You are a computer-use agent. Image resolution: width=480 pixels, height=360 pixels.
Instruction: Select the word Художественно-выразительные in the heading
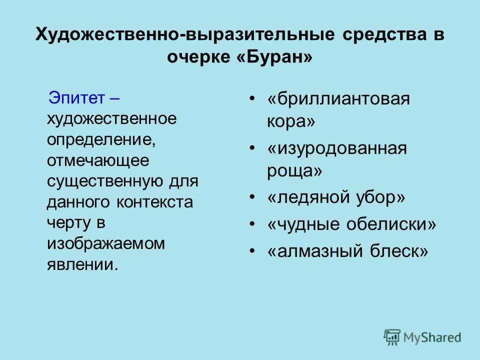click(x=185, y=35)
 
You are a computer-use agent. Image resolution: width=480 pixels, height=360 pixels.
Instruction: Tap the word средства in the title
click(x=384, y=34)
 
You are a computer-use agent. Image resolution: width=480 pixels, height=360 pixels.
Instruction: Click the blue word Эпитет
click(x=76, y=98)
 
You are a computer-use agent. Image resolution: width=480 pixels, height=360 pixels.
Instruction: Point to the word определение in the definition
click(x=101, y=140)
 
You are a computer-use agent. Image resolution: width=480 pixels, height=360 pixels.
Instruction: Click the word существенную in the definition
click(x=105, y=181)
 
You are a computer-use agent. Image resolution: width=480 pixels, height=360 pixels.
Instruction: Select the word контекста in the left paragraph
click(x=155, y=202)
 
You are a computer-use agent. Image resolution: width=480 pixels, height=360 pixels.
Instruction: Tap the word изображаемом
click(x=106, y=244)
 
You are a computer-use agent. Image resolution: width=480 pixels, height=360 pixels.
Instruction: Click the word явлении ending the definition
click(x=82, y=264)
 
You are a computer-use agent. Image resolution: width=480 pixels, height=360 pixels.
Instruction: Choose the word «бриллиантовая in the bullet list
click(x=338, y=99)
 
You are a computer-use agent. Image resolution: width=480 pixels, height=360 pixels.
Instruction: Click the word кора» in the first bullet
click(x=291, y=121)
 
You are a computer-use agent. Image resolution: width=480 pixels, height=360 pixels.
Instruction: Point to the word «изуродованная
click(x=337, y=149)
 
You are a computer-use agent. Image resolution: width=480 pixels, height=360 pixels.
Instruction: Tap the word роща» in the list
click(x=294, y=171)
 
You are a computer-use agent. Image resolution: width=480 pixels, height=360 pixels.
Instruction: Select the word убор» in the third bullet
click(x=380, y=197)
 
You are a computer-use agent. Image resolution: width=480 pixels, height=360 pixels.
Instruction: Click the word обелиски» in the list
click(x=391, y=224)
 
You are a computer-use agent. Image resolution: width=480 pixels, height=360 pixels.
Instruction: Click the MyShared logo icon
click(x=392, y=337)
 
